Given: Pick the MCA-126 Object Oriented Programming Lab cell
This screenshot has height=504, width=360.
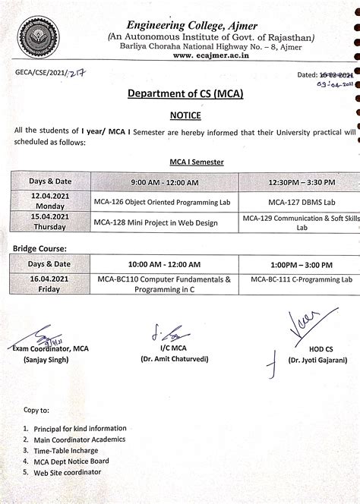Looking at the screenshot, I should (x=163, y=202).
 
